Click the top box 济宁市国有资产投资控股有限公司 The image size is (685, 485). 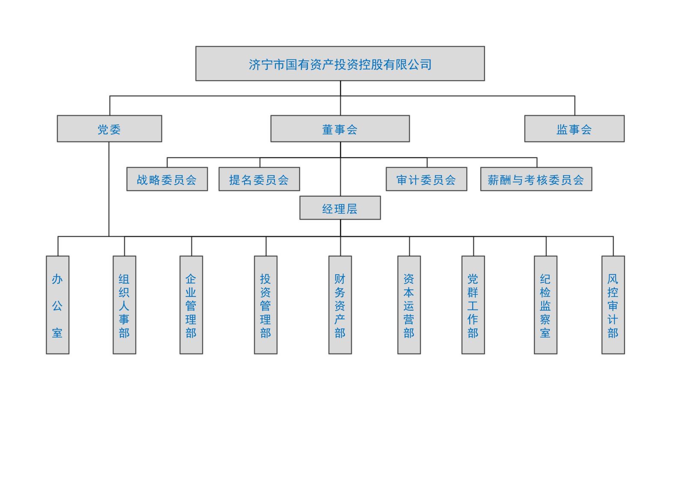click(x=340, y=63)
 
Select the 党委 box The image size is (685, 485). click(x=109, y=129)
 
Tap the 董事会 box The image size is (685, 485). click(x=340, y=129)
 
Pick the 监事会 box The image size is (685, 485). click(x=574, y=129)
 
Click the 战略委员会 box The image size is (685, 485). click(x=167, y=179)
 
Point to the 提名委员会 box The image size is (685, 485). click(x=259, y=179)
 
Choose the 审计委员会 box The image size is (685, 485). click(x=426, y=179)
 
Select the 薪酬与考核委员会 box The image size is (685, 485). click(x=536, y=179)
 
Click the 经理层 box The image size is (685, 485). click(x=340, y=208)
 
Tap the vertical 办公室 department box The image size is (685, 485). click(x=57, y=305)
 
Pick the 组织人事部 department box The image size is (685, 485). click(x=124, y=305)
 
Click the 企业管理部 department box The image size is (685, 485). click(x=191, y=305)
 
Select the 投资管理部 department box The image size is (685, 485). click(x=265, y=305)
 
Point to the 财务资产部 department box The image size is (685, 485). click(x=340, y=305)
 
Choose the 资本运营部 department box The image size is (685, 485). click(x=409, y=305)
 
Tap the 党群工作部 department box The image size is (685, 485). click(x=473, y=305)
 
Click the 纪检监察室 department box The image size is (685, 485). click(x=545, y=305)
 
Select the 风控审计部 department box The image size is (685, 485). click(x=613, y=305)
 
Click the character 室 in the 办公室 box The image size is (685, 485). click(x=57, y=332)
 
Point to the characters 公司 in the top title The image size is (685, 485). click(x=420, y=65)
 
